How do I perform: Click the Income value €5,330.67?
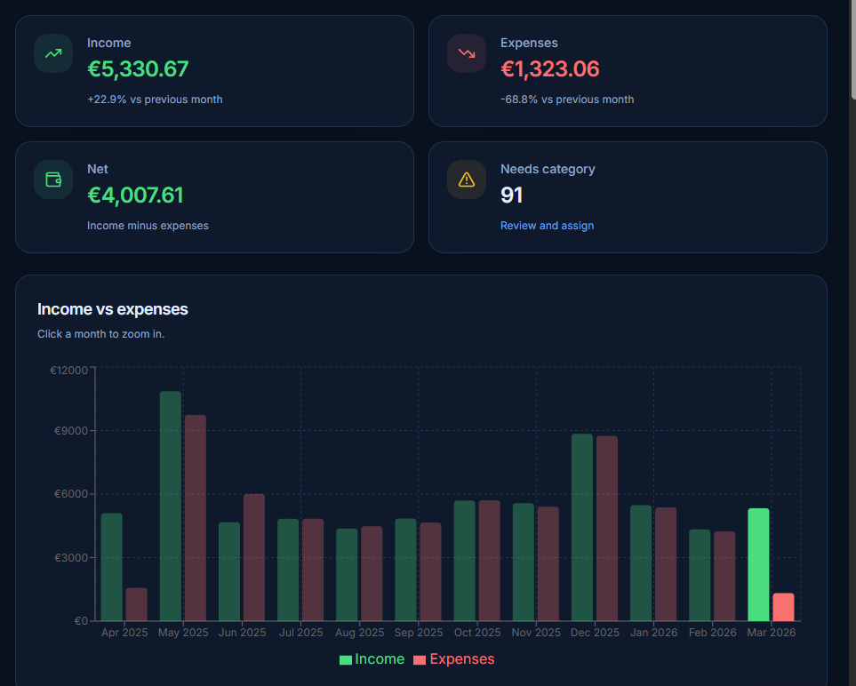(x=138, y=69)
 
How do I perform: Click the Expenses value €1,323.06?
(x=549, y=69)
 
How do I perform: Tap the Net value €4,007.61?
(x=135, y=195)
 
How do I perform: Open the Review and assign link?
(x=547, y=226)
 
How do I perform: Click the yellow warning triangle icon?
(x=467, y=179)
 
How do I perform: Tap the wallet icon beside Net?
(x=53, y=179)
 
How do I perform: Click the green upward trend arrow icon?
(x=53, y=53)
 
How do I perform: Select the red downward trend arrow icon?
(x=467, y=53)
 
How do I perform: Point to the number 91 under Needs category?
(x=512, y=195)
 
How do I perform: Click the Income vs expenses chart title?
(x=113, y=309)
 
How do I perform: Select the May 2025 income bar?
(x=171, y=507)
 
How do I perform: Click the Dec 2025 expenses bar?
(x=607, y=529)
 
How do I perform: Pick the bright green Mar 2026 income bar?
(x=758, y=565)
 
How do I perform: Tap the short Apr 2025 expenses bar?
(x=137, y=604)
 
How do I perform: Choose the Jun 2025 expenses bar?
(x=254, y=557)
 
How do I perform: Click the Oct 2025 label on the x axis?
(x=476, y=633)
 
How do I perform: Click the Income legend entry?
(x=372, y=659)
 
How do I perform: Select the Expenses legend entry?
(x=453, y=659)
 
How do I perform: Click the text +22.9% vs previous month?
(x=155, y=100)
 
